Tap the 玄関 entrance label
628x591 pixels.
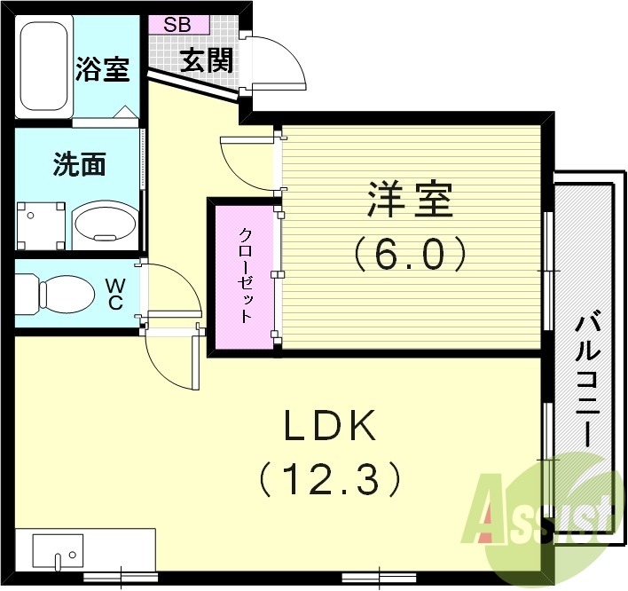(207, 60)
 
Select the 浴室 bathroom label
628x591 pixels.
(103, 68)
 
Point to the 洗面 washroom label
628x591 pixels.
(80, 164)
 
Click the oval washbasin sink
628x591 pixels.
(105, 222)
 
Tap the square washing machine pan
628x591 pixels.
(42, 224)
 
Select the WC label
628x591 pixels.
(116, 292)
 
